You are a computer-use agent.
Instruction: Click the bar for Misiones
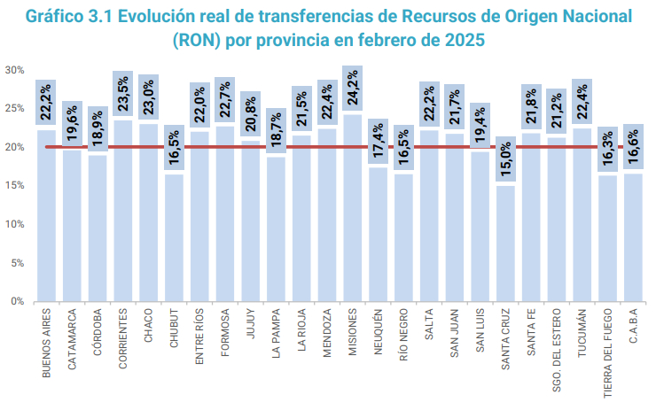(352, 213)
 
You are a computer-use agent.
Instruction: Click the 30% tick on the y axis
(14, 70)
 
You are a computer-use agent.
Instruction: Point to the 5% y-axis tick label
(17, 263)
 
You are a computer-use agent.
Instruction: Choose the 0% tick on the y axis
(17, 302)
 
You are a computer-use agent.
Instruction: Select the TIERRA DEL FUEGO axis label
(607, 351)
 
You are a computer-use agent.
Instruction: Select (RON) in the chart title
(200, 42)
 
